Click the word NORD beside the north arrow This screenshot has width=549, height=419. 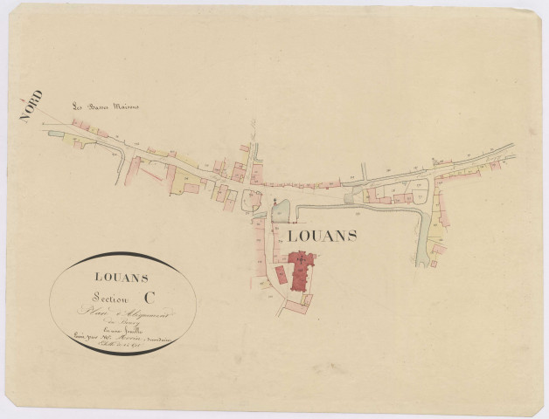(x=32, y=106)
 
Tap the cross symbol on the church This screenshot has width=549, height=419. (x=302, y=259)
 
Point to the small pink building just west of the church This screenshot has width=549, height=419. (x=280, y=274)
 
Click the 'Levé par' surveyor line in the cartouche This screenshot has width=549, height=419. (x=122, y=333)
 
